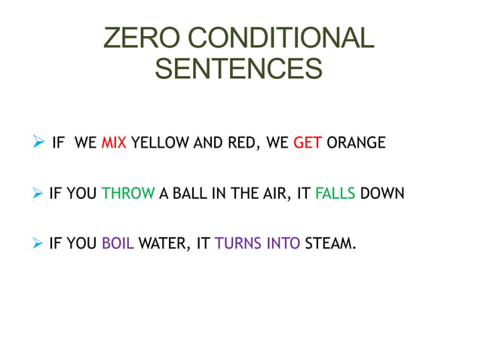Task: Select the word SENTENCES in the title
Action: (238, 69)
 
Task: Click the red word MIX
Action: (113, 142)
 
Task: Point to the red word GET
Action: (308, 142)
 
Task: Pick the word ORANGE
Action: (357, 142)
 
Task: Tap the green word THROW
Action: (127, 193)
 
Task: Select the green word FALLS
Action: (335, 193)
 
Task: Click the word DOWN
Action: (382, 193)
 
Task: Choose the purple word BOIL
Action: (118, 243)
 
